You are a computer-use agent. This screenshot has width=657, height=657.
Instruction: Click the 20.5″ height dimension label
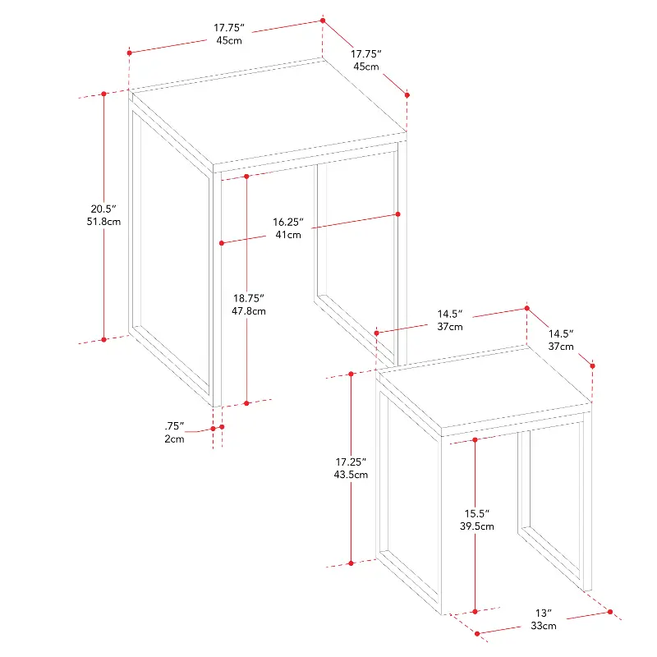(x=103, y=209)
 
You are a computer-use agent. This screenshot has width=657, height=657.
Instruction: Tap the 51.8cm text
(x=103, y=222)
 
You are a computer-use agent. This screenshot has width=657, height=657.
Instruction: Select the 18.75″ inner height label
(x=249, y=298)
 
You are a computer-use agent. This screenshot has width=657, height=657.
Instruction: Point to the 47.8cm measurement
(x=249, y=311)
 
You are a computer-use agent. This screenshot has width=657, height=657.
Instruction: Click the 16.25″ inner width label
(x=288, y=222)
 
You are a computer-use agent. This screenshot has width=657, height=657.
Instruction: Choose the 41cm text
(x=288, y=235)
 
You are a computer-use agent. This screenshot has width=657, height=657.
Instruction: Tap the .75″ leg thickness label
(x=174, y=426)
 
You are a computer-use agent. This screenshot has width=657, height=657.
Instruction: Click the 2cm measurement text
(x=174, y=439)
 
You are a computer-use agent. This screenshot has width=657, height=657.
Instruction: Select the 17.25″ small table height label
(x=351, y=462)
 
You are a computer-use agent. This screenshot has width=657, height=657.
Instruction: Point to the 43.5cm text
(x=351, y=475)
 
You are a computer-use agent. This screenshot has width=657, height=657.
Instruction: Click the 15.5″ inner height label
(x=477, y=513)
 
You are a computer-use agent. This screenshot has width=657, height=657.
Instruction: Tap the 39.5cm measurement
(x=477, y=526)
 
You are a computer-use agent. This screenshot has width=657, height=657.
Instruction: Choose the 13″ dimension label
(x=544, y=613)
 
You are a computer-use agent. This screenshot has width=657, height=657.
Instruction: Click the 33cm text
(x=544, y=626)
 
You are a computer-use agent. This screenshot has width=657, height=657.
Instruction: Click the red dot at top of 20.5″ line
(x=104, y=94)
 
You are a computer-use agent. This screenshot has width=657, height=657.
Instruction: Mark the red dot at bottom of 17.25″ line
(x=351, y=563)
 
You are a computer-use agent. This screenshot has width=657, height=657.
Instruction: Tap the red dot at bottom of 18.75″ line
(x=247, y=403)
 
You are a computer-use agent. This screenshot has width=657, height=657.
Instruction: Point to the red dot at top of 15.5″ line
(x=476, y=440)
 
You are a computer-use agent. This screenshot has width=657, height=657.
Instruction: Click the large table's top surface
(x=269, y=112)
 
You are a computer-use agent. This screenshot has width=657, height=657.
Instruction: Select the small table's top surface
(x=485, y=388)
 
